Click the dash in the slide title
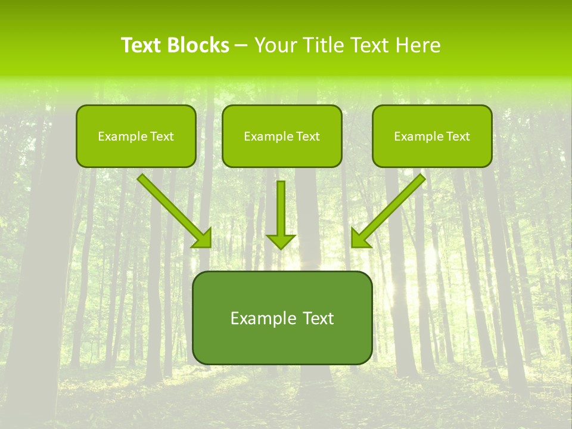click(x=241, y=46)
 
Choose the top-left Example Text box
click(x=136, y=136)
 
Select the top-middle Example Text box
click(x=282, y=136)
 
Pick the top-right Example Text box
click(x=432, y=136)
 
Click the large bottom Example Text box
click(x=282, y=318)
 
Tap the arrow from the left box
click(x=173, y=209)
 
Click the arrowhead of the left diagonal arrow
click(x=204, y=238)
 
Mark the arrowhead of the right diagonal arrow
click(x=359, y=238)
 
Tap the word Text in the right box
click(x=458, y=136)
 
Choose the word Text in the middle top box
click(x=307, y=136)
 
